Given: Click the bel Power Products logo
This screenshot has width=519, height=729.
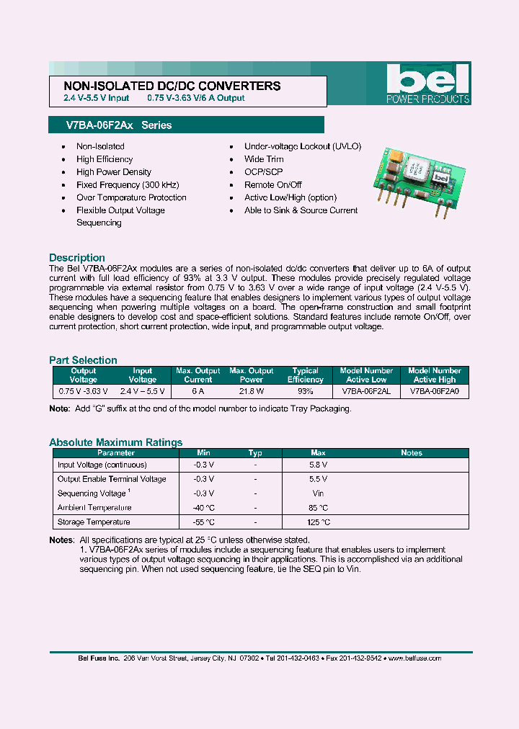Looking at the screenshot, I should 428,84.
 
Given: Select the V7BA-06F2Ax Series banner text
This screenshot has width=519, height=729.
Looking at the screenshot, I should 119,125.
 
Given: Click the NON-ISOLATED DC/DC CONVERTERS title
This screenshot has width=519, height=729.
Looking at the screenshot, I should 168,86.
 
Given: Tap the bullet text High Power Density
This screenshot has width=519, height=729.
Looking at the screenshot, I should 114,172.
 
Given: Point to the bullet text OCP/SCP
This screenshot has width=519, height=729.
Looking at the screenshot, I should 264,172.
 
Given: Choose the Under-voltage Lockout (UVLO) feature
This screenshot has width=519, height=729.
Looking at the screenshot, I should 303,146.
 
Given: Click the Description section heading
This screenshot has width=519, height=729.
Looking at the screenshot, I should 77,258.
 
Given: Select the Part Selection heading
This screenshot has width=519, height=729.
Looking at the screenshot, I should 83,360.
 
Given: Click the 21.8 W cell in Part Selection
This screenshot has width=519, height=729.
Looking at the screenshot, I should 251,391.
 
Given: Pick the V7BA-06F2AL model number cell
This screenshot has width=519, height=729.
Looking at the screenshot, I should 366,391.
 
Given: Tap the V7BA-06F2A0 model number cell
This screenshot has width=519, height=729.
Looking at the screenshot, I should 434,391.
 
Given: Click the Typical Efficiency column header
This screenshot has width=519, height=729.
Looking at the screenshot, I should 306,375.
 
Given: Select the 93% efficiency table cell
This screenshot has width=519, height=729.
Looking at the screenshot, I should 306,391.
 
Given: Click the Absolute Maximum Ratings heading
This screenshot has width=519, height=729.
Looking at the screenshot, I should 115,442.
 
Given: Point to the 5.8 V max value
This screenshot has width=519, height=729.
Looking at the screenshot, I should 318,465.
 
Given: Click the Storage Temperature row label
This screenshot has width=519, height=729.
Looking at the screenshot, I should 94,522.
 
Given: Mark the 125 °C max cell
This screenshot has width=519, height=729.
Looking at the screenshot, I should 318,522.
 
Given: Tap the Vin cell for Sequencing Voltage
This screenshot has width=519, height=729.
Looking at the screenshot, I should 318,493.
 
